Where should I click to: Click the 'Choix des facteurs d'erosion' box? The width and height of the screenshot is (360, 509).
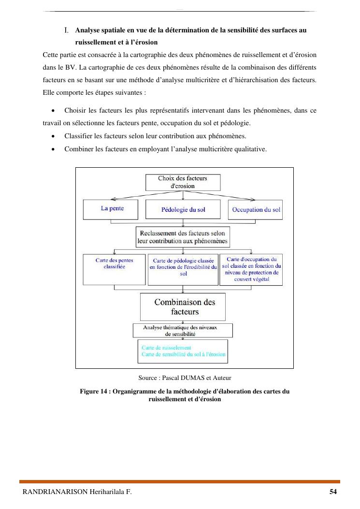click(183, 182)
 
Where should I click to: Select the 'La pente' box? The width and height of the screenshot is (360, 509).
click(112, 209)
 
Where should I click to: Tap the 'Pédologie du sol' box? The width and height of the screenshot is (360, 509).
click(183, 210)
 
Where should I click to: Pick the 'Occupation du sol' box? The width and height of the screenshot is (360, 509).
click(256, 210)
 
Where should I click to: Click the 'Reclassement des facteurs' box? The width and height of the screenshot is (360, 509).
click(182, 236)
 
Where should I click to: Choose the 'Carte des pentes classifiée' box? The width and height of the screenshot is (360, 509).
click(114, 269)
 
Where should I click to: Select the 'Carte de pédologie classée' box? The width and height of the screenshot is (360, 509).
click(183, 269)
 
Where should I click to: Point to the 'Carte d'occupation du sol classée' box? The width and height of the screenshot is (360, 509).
click(251, 269)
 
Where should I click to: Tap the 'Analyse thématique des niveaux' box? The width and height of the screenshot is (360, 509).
click(183, 331)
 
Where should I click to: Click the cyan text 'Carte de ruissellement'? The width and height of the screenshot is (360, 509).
click(166, 348)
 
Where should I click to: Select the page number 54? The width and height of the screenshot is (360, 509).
click(333, 492)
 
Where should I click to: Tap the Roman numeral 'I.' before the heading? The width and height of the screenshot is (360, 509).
click(67, 30)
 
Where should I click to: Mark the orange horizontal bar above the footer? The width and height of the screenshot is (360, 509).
click(180, 481)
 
